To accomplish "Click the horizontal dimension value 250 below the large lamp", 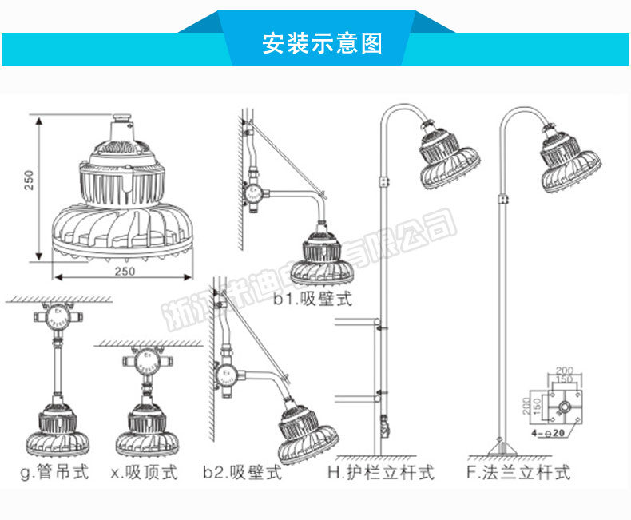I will pyautogui.click(x=123, y=271).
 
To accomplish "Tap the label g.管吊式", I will pyautogui.click(x=54, y=473).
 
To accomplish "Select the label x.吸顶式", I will pyautogui.click(x=144, y=473).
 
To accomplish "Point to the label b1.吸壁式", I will pyautogui.click(x=312, y=300).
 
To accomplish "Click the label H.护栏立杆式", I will pyautogui.click(x=381, y=473).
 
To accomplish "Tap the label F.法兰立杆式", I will pyautogui.click(x=518, y=473).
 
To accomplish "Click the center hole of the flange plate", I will pyautogui.click(x=565, y=407).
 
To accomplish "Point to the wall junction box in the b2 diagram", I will pyautogui.click(x=226, y=373).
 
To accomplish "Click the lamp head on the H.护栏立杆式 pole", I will pyautogui.click(x=447, y=157).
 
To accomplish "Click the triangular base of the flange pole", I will pyautogui.click(x=500, y=442).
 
